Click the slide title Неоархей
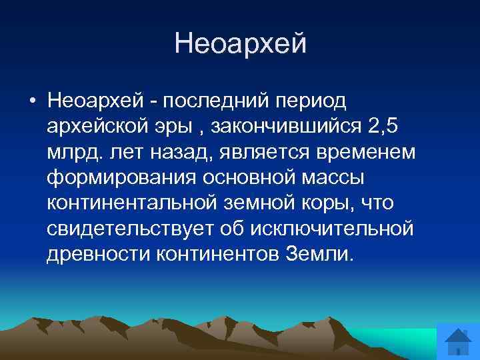[x=240, y=44]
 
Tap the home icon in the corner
[x=457, y=342]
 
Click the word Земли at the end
[x=319, y=254]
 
